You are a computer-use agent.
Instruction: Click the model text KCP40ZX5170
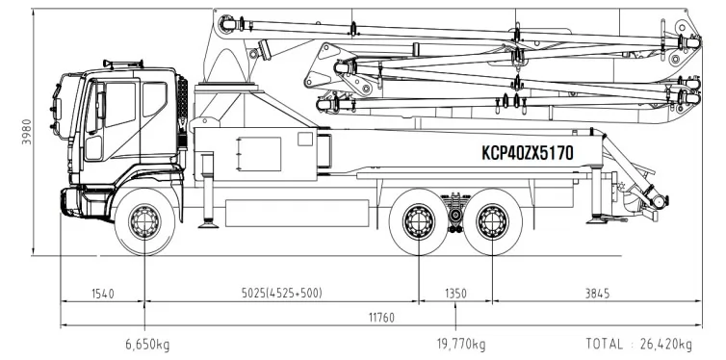[528, 153]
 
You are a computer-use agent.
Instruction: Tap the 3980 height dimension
[27, 132]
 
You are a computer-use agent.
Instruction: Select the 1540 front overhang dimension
[102, 294]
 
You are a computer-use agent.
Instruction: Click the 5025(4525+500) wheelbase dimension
[281, 294]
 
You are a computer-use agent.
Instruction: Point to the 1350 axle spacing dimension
[455, 294]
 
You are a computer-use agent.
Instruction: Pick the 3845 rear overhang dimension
[597, 294]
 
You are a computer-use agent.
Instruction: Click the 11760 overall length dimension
[381, 318]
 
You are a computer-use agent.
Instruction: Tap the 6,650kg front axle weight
[147, 345]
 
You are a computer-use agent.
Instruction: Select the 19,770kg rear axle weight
[461, 345]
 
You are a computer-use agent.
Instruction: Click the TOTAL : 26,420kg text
[639, 345]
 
